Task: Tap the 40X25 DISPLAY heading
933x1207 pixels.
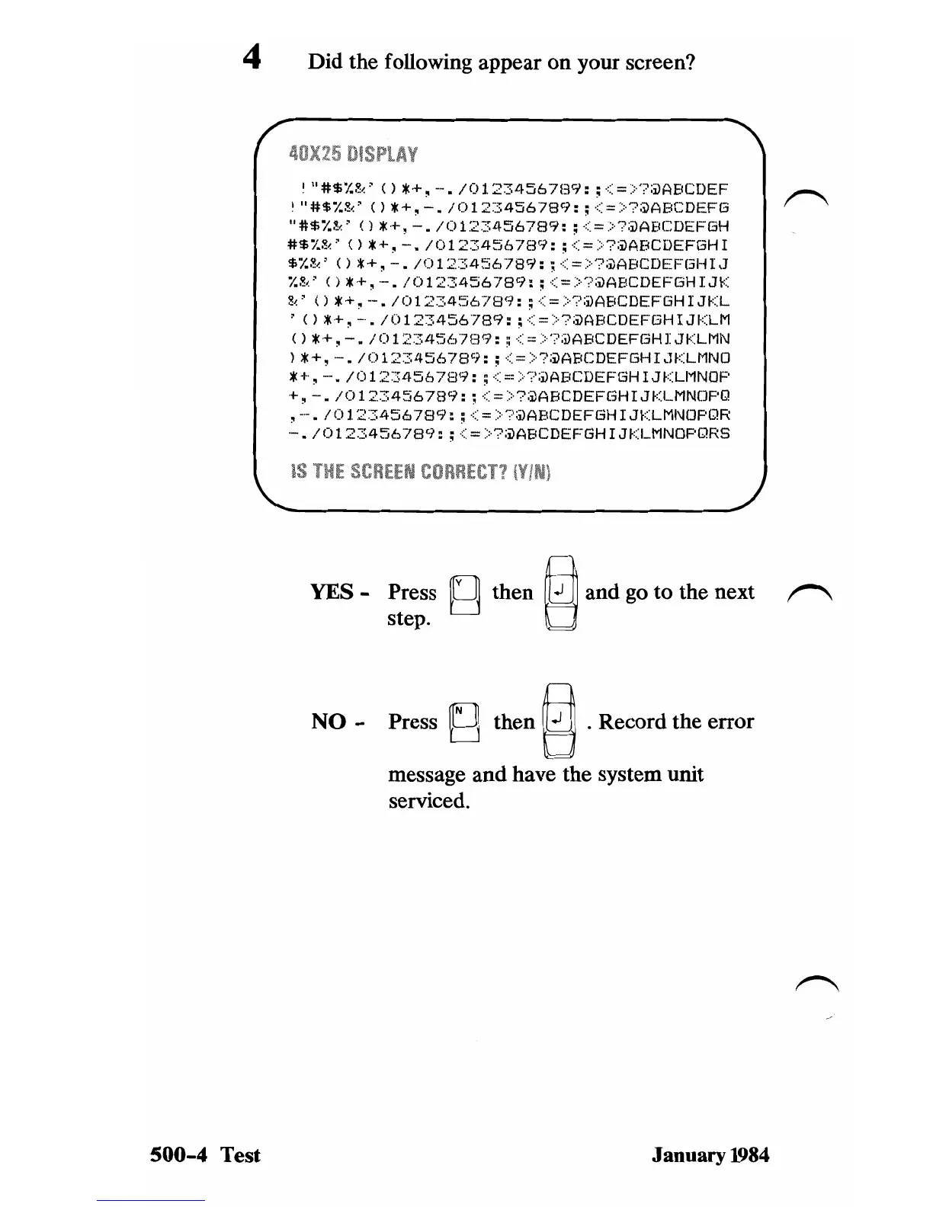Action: [353, 155]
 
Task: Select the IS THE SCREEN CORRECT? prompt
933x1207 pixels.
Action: [421, 472]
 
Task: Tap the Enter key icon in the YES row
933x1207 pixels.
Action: [560, 593]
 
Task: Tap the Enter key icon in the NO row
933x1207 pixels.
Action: [560, 720]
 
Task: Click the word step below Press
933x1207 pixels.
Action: [409, 618]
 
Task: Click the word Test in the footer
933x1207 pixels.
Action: [241, 1155]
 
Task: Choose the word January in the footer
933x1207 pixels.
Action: [685, 1155]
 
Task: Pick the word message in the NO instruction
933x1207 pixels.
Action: [426, 775]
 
